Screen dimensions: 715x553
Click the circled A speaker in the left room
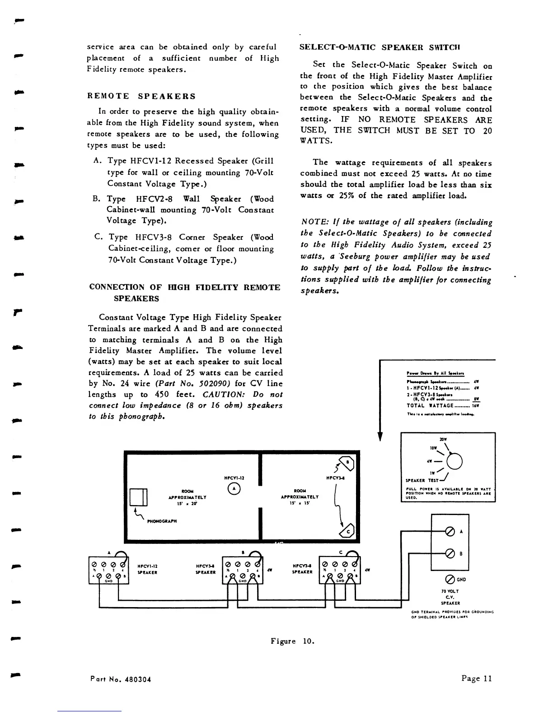click(x=234, y=488)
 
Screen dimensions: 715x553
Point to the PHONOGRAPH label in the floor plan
click(x=162, y=521)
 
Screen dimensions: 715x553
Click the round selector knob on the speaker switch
click(x=455, y=461)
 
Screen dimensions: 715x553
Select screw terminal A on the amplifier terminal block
click(x=450, y=531)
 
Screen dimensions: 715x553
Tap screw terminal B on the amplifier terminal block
click(x=450, y=553)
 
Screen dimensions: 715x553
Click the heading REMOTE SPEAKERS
click(x=141, y=96)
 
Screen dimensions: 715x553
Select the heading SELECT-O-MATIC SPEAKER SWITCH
click(x=380, y=47)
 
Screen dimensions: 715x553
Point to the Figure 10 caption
click(x=292, y=641)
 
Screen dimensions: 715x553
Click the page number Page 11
click(x=476, y=678)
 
